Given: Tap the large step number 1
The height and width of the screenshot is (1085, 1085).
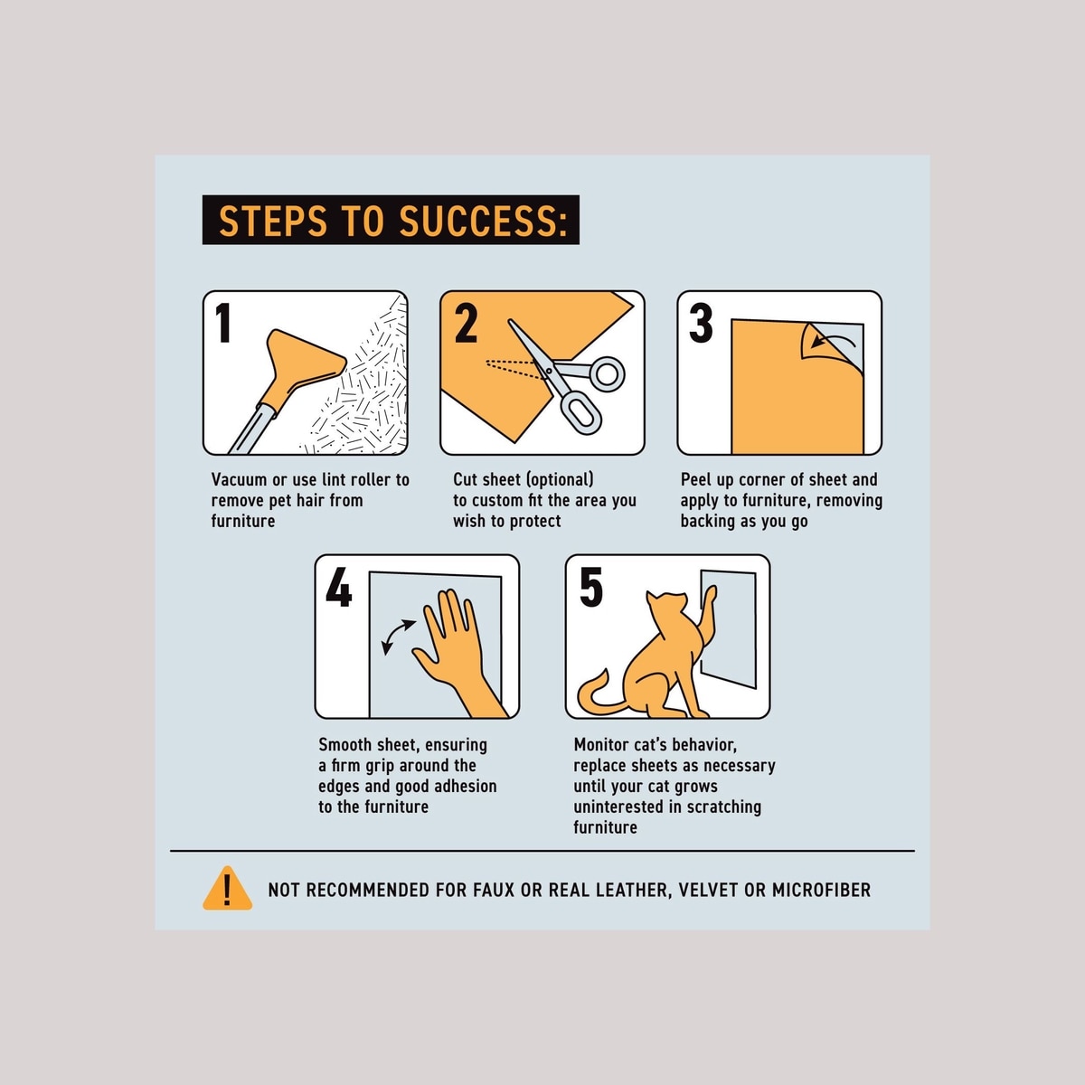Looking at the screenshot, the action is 224,323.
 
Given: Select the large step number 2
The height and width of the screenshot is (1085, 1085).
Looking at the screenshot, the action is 466,323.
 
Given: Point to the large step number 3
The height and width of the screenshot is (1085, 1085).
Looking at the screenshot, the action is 701,323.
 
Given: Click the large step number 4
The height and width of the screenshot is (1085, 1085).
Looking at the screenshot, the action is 339,587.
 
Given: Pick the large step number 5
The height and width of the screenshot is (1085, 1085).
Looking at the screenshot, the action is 590,587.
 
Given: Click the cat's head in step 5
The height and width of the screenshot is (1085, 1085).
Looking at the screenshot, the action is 666,605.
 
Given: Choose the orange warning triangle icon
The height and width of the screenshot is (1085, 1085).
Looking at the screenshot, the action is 227,889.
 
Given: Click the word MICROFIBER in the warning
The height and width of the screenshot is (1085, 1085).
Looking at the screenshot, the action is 822,891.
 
